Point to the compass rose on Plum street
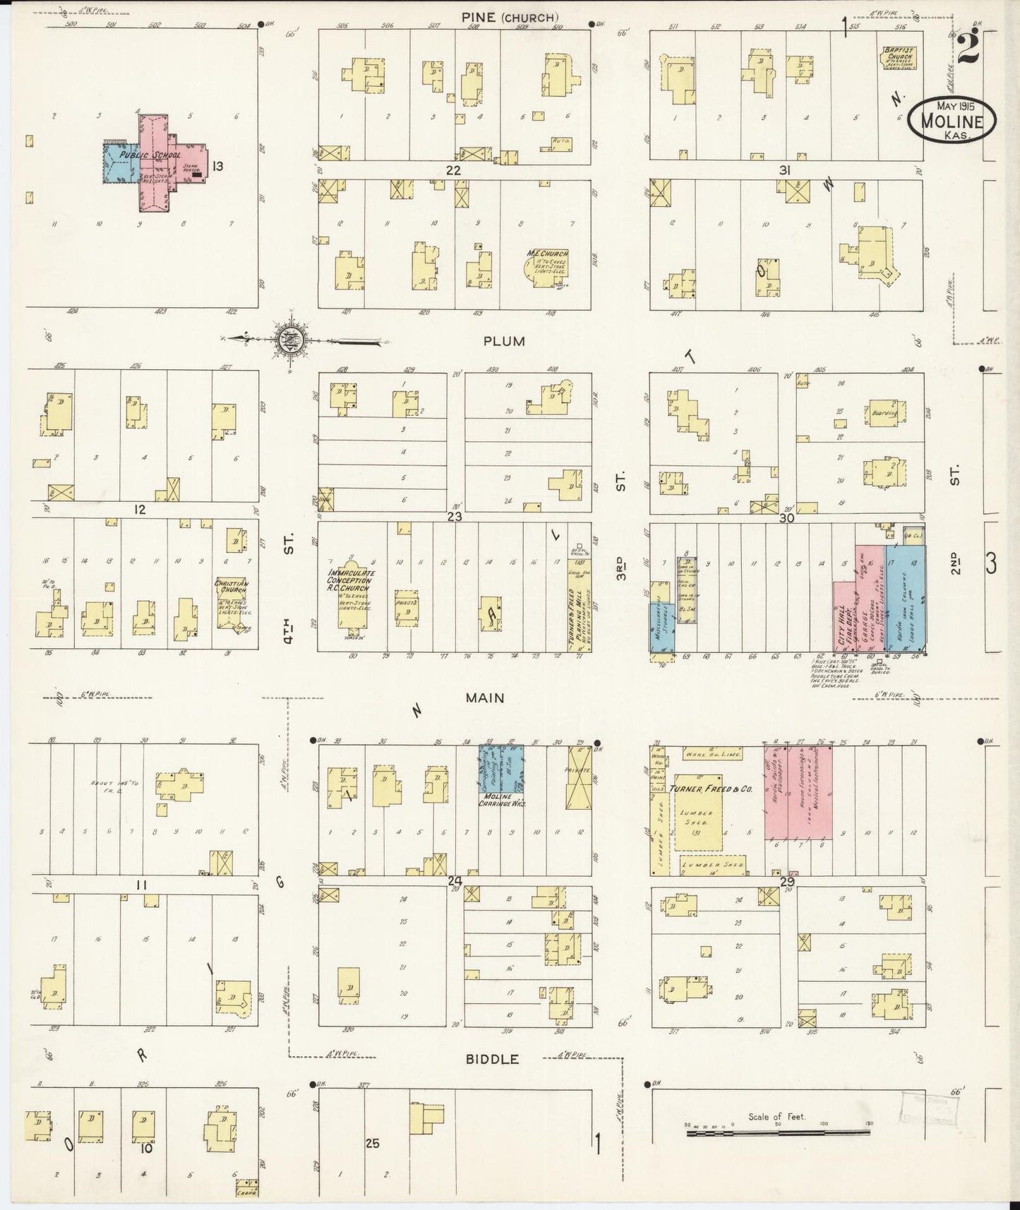[290, 339]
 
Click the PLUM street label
[504, 341]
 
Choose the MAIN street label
[484, 697]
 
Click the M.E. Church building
[547, 268]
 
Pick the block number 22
[452, 170]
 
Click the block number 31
[784, 170]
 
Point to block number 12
[140, 509]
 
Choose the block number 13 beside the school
[217, 167]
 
